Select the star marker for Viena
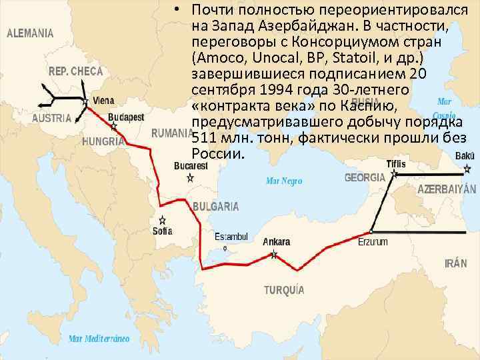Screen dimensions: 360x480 [85, 101]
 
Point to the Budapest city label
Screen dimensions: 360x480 [125, 117]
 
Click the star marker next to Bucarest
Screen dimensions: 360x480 [190, 178]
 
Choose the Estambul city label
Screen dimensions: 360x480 [231, 237]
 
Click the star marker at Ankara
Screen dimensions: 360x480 [274, 254]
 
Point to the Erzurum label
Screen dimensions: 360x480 [373, 242]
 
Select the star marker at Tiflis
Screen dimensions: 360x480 [395, 174]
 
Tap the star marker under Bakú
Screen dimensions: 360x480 [467, 169]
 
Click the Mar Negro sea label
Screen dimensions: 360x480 [284, 181]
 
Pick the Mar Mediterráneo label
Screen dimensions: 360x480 [99, 338]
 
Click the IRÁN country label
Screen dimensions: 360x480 [455, 263]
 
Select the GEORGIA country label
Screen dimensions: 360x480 [365, 178]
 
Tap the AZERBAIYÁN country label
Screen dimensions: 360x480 [447, 189]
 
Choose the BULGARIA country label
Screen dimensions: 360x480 [215, 206]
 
